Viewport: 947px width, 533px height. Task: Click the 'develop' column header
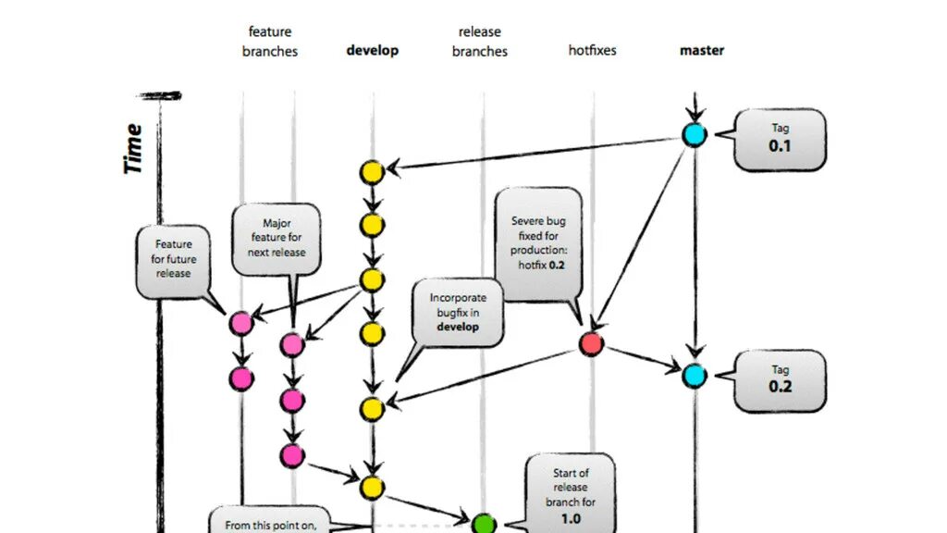point(372,50)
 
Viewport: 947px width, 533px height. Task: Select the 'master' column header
point(702,50)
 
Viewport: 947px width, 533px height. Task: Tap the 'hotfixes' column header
point(592,50)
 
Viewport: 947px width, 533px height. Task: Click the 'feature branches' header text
point(270,42)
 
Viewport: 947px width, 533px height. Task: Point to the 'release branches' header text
point(480,42)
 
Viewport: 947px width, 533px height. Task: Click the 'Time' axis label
point(133,148)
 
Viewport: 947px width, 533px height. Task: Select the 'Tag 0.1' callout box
point(780,138)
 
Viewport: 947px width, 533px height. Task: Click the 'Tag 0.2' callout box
point(780,378)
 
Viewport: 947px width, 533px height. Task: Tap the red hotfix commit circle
point(591,344)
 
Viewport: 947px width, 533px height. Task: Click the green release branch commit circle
point(484,525)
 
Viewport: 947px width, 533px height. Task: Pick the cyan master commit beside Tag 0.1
point(694,134)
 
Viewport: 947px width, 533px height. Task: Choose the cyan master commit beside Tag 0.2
point(694,376)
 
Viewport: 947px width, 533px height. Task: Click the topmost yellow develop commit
point(372,171)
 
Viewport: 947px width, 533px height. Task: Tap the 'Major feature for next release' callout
point(277,239)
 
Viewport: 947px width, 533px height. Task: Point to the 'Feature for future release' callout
point(173,259)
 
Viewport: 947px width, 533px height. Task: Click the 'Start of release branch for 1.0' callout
point(571,495)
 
